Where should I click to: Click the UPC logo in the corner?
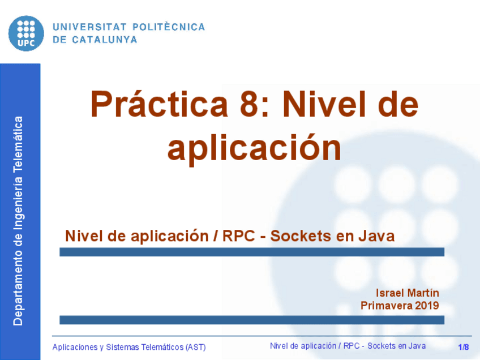coord(26,32)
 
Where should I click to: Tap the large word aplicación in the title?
coord(254,148)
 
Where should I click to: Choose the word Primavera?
coord(386,306)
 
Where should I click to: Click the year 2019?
coord(427,306)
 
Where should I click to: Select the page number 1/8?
coord(464,346)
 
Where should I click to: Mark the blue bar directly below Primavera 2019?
coord(251,320)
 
